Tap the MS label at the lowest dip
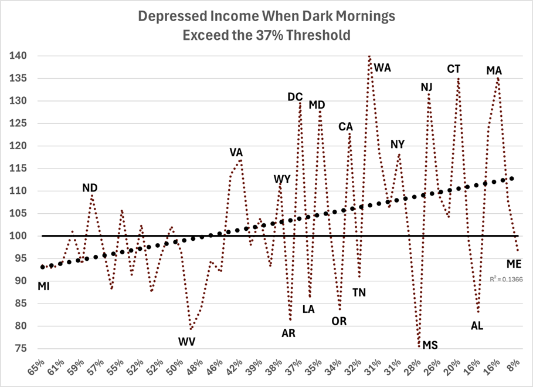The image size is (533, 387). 430,345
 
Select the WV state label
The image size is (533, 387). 187,341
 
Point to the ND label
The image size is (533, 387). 90,188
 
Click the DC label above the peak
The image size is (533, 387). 295,97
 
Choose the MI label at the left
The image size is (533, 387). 44,287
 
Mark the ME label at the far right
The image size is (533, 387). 514,264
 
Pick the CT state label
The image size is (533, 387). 454,69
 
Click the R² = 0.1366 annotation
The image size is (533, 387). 505,280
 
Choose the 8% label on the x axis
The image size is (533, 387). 512,366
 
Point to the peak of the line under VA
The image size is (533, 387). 240,160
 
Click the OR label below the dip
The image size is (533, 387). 338,321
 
